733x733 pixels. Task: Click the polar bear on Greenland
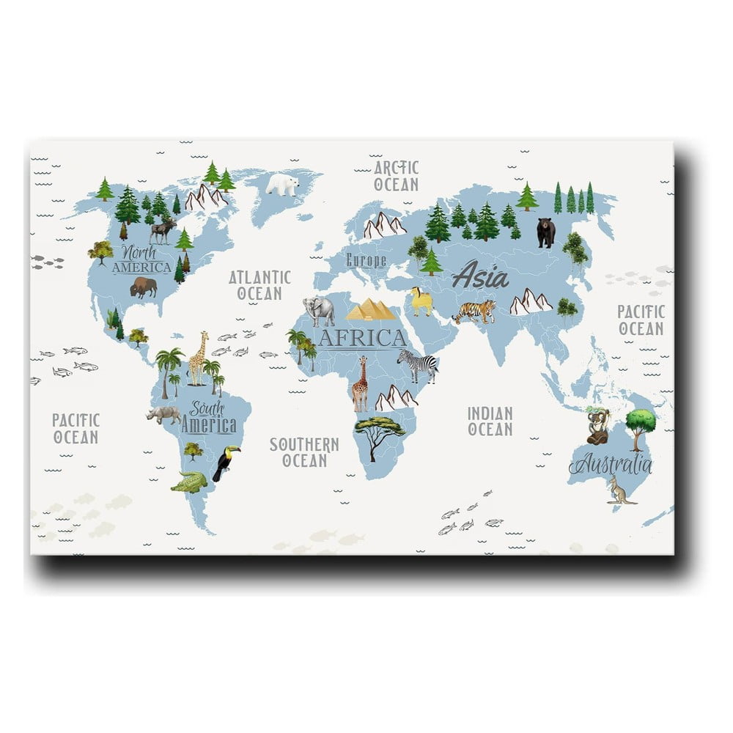282,184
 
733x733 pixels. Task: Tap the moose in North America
162,231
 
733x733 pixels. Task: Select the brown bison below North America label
143,287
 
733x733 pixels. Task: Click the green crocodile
189,482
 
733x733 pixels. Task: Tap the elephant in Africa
319,311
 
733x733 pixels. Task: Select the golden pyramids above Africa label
371,309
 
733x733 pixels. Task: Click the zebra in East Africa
419,364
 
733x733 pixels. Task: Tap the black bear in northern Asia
545,232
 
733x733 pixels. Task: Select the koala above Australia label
597,427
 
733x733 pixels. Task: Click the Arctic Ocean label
396,176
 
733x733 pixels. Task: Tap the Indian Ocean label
490,421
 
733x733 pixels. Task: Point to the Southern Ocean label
304,452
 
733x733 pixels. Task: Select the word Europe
366,259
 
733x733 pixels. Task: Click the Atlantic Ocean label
259,285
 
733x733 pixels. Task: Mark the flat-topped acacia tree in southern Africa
379,432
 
